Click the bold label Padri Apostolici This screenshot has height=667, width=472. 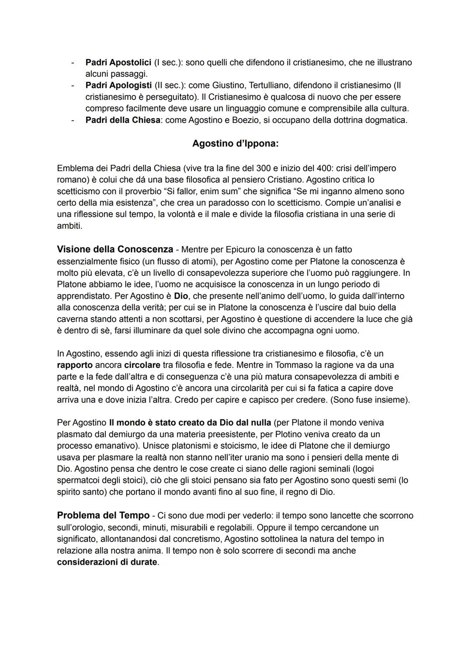coord(118,63)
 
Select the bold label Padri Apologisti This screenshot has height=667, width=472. coord(118,85)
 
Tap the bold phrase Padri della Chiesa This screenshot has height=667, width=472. coord(122,120)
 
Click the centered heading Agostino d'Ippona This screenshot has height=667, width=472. coord(235,143)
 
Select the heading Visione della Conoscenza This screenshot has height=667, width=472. coord(115,249)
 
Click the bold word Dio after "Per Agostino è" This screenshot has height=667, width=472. coord(181,296)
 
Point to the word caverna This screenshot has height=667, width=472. coord(72,319)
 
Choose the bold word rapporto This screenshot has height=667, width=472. coord(74,365)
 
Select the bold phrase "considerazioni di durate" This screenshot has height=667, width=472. coord(107,562)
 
